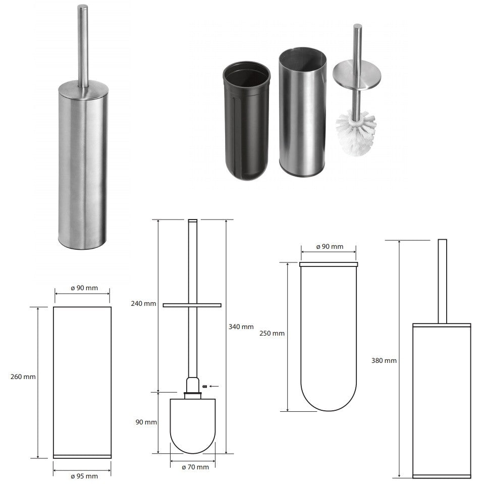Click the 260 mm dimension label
coord(23,377)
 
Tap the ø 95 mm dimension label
coord(84,476)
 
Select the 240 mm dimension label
coord(143,303)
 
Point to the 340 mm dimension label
coord(241,327)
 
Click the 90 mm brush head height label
coord(146,422)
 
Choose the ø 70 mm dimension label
coord(195,467)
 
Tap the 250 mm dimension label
coord(272,334)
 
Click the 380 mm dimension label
coord(384,360)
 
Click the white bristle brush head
coord(356,133)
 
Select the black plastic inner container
coord(246,121)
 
